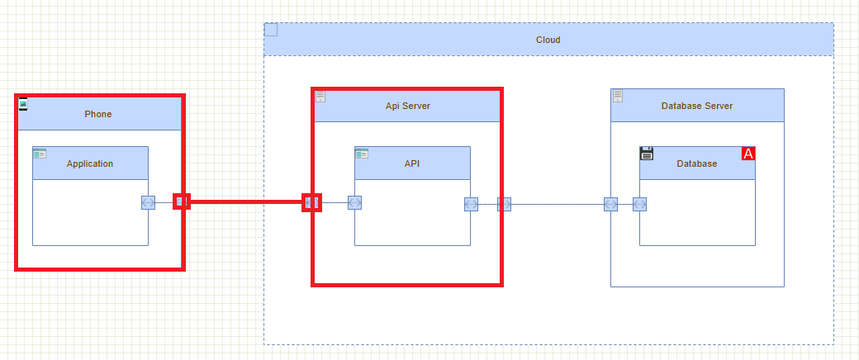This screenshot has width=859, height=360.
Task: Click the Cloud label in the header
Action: [x=548, y=40]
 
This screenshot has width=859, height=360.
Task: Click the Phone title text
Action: [x=97, y=114]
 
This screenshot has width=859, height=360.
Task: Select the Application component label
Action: [x=90, y=163]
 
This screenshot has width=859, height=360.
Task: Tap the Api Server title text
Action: [x=407, y=106]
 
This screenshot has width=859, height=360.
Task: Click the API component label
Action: [x=412, y=163]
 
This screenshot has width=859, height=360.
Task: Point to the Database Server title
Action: [x=696, y=106]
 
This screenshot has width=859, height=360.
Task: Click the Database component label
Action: [x=696, y=163]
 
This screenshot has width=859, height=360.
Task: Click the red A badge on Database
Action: [x=748, y=154]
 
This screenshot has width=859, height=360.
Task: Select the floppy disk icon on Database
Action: [x=647, y=154]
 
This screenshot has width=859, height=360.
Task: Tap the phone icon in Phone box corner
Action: [x=23, y=103]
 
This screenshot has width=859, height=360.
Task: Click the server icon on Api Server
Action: [x=320, y=97]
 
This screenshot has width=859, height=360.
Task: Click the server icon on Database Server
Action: [x=618, y=96]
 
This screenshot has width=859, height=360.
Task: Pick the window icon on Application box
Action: [x=40, y=154]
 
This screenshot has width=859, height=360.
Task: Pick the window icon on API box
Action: [x=362, y=154]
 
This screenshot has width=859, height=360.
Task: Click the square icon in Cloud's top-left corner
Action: [x=271, y=30]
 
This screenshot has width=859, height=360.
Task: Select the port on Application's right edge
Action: [x=148, y=203]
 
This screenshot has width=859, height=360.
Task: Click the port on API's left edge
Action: [x=354, y=203]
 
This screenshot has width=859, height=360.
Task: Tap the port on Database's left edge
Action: [x=639, y=204]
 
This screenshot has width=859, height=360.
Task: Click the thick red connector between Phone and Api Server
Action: [x=246, y=201]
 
